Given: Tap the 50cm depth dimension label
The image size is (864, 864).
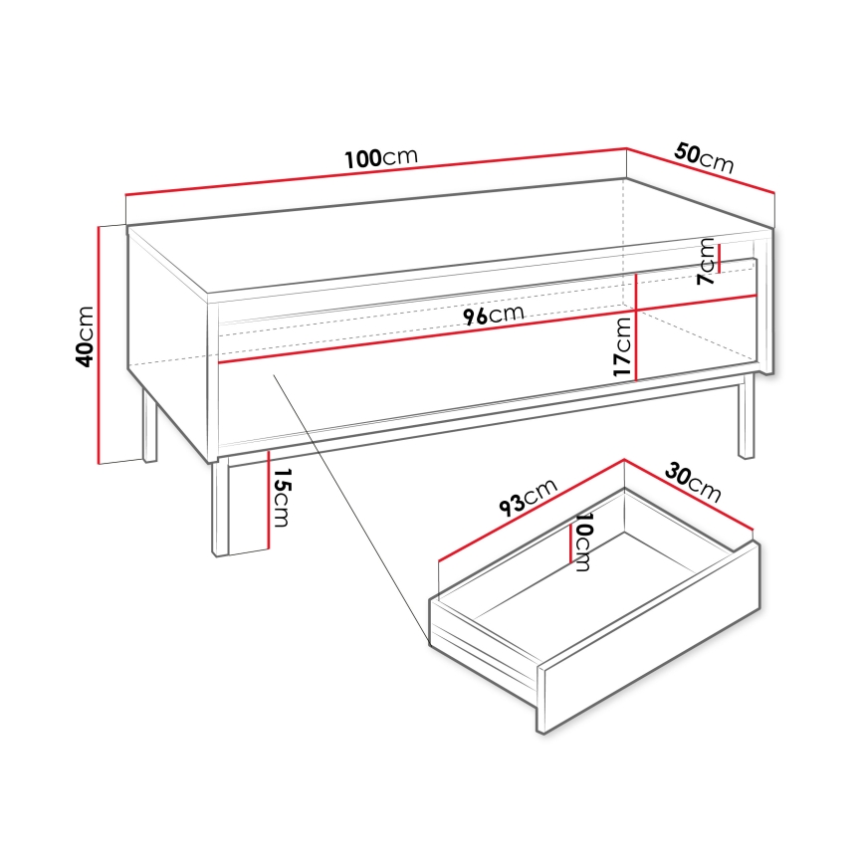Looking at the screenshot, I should pyautogui.click(x=704, y=157).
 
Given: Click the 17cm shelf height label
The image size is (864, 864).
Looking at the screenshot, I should pyautogui.click(x=622, y=346).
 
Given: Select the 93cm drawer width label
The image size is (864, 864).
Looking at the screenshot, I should pyautogui.click(x=528, y=494).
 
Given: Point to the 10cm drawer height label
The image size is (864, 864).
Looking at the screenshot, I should pyautogui.click(x=583, y=542).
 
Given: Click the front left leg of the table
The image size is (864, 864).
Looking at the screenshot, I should pyautogui.click(x=220, y=507).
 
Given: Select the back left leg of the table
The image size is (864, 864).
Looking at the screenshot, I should pyautogui.click(x=149, y=425).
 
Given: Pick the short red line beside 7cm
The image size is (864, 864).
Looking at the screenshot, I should pyautogui.click(x=719, y=256).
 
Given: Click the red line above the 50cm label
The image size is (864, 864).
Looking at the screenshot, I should pyautogui.click(x=700, y=170).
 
